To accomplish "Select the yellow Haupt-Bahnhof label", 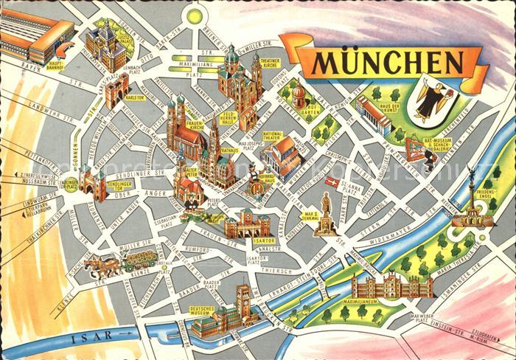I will click(57, 65).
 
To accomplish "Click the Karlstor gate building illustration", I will click(115, 91).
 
